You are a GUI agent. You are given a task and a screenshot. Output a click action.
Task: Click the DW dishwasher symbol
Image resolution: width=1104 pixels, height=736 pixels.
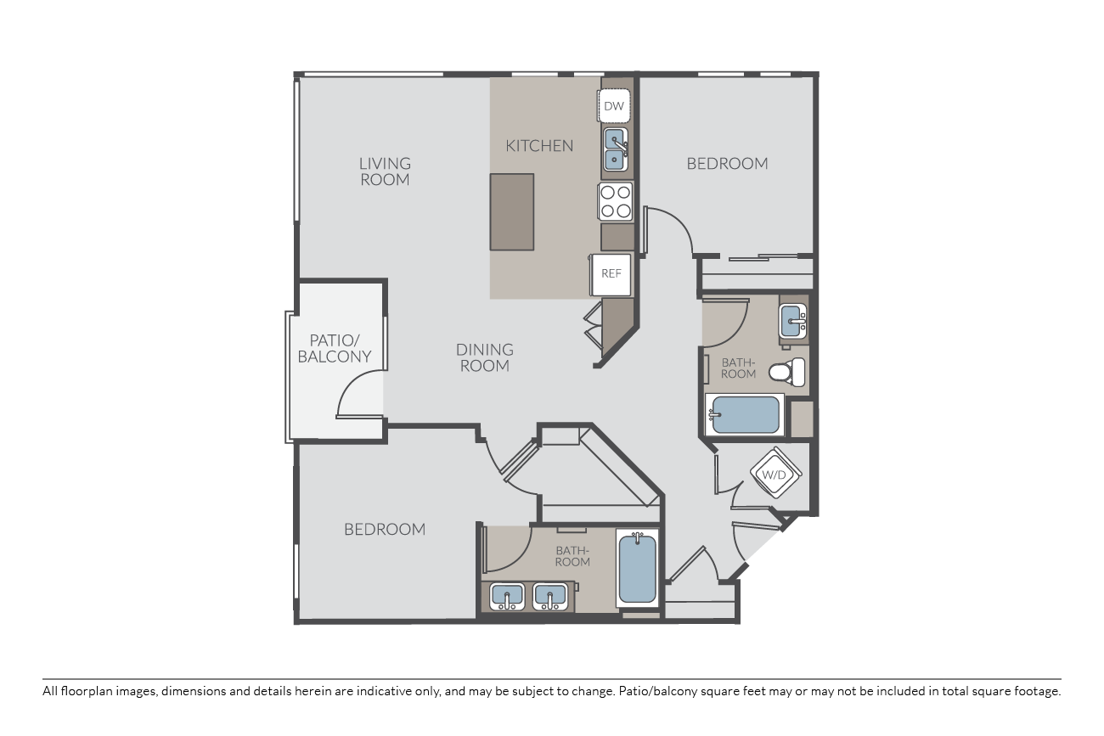coord(614,105)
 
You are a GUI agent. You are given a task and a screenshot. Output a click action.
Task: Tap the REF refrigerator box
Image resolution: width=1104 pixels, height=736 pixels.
coord(611,274)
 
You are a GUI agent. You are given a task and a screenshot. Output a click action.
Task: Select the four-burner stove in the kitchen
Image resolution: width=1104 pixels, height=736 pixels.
coord(616,201)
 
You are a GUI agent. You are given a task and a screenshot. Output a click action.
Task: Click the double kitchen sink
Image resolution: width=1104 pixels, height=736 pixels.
coord(615,149)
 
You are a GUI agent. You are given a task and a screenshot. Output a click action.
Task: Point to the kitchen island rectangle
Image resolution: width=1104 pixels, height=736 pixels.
coord(511,212)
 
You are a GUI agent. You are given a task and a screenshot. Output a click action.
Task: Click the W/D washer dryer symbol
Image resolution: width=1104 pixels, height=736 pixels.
coord(774,474)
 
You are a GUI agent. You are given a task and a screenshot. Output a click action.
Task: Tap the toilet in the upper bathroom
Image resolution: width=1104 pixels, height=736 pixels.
coord(787,373)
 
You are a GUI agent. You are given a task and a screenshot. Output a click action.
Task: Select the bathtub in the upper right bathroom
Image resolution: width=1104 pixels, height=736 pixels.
coord(745,415)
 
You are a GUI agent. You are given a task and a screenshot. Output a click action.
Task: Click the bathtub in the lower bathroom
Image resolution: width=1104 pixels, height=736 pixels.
coord(637,569)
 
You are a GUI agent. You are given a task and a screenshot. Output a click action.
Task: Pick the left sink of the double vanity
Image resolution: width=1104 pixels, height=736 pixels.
coord(507,597)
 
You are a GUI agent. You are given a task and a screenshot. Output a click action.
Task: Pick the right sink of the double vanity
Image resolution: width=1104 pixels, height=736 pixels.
coord(550,597)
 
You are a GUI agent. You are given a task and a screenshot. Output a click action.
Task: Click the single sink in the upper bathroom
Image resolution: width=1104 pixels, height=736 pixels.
coord(792,321)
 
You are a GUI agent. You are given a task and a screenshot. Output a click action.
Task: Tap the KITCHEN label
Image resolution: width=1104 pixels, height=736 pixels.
coord(539,146)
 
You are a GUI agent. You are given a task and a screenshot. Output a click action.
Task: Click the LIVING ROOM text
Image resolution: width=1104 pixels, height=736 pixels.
coord(385,171)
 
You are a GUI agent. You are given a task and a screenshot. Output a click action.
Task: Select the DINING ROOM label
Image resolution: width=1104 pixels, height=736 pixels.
coord(484,357)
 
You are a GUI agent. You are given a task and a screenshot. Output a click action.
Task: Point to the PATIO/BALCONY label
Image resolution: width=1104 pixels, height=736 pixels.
coord(335,348)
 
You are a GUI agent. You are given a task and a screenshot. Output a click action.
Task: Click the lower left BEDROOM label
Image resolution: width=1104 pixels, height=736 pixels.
coord(385,529)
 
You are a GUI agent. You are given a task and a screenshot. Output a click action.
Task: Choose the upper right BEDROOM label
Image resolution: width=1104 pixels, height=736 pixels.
coord(728,164)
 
